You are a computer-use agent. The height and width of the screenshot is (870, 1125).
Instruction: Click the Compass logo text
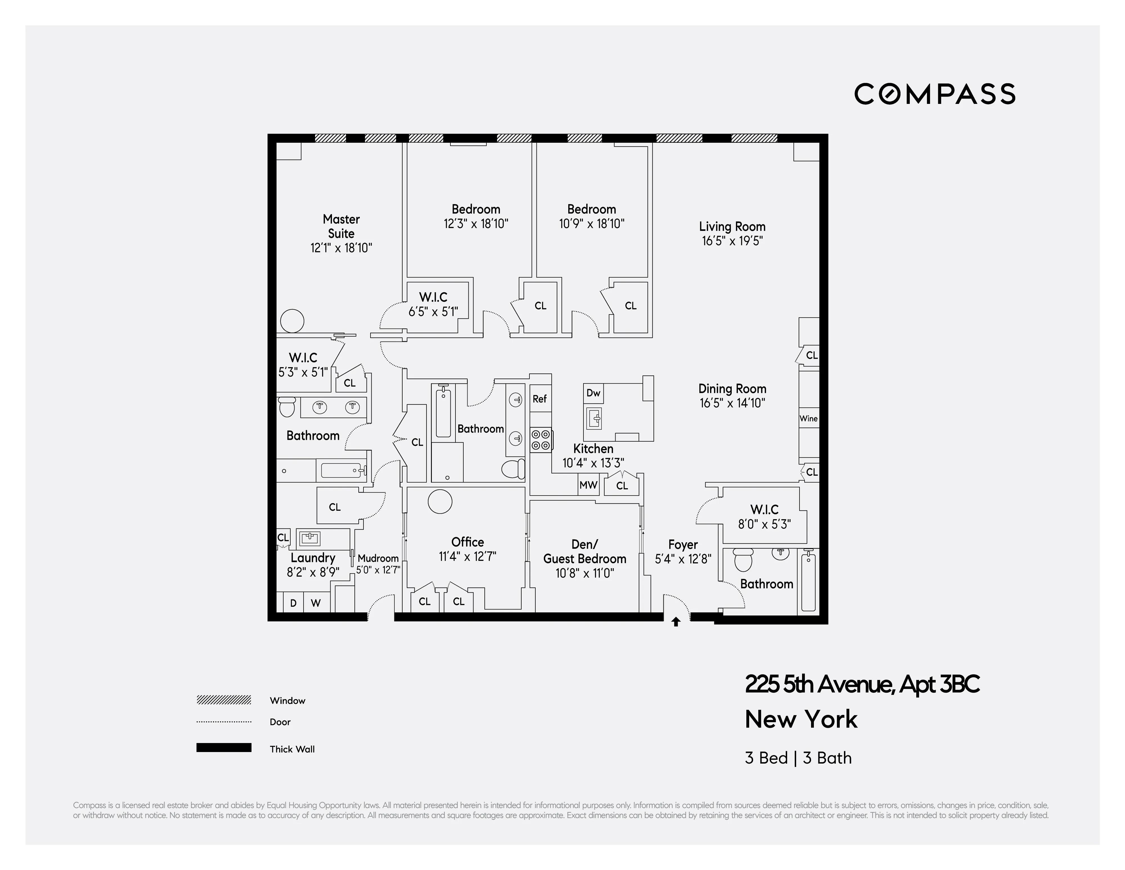[x=935, y=94]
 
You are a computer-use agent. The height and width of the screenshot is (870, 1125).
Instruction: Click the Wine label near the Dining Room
[x=808, y=419]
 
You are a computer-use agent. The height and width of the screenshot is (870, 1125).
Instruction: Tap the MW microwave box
[x=588, y=485]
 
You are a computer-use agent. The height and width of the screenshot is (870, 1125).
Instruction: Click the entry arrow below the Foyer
[x=676, y=622]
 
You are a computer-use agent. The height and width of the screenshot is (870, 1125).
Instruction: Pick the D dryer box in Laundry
[x=293, y=603]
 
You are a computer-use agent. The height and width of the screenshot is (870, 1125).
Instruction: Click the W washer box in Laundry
[x=316, y=603]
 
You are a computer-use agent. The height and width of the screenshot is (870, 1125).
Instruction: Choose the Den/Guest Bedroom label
[x=585, y=551]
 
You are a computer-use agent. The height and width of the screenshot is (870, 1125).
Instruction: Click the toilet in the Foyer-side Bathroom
[x=743, y=560]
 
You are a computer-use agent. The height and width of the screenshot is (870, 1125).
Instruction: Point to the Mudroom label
[x=378, y=558]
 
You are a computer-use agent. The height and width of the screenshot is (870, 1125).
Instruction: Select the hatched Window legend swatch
[x=224, y=700]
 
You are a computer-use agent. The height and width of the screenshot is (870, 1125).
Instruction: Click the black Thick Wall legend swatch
[x=224, y=748]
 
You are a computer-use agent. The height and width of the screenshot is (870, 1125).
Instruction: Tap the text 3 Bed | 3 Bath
[x=798, y=758]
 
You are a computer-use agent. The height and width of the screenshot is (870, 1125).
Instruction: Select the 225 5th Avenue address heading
[x=862, y=685]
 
